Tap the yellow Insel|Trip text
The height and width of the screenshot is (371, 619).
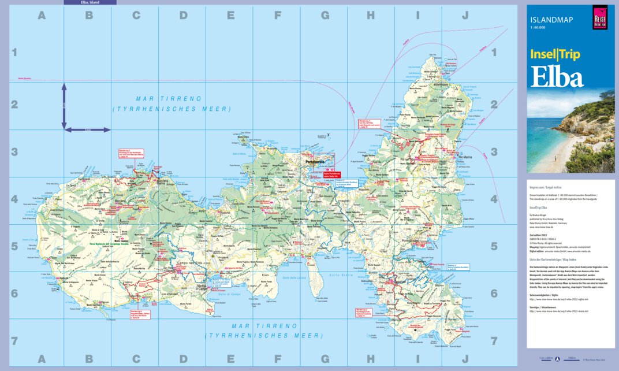[555, 55]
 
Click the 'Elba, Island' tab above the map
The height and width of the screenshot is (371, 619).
[90, 2]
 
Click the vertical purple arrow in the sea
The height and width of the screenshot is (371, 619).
[64, 106]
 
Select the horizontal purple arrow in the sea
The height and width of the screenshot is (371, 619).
[87, 129]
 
